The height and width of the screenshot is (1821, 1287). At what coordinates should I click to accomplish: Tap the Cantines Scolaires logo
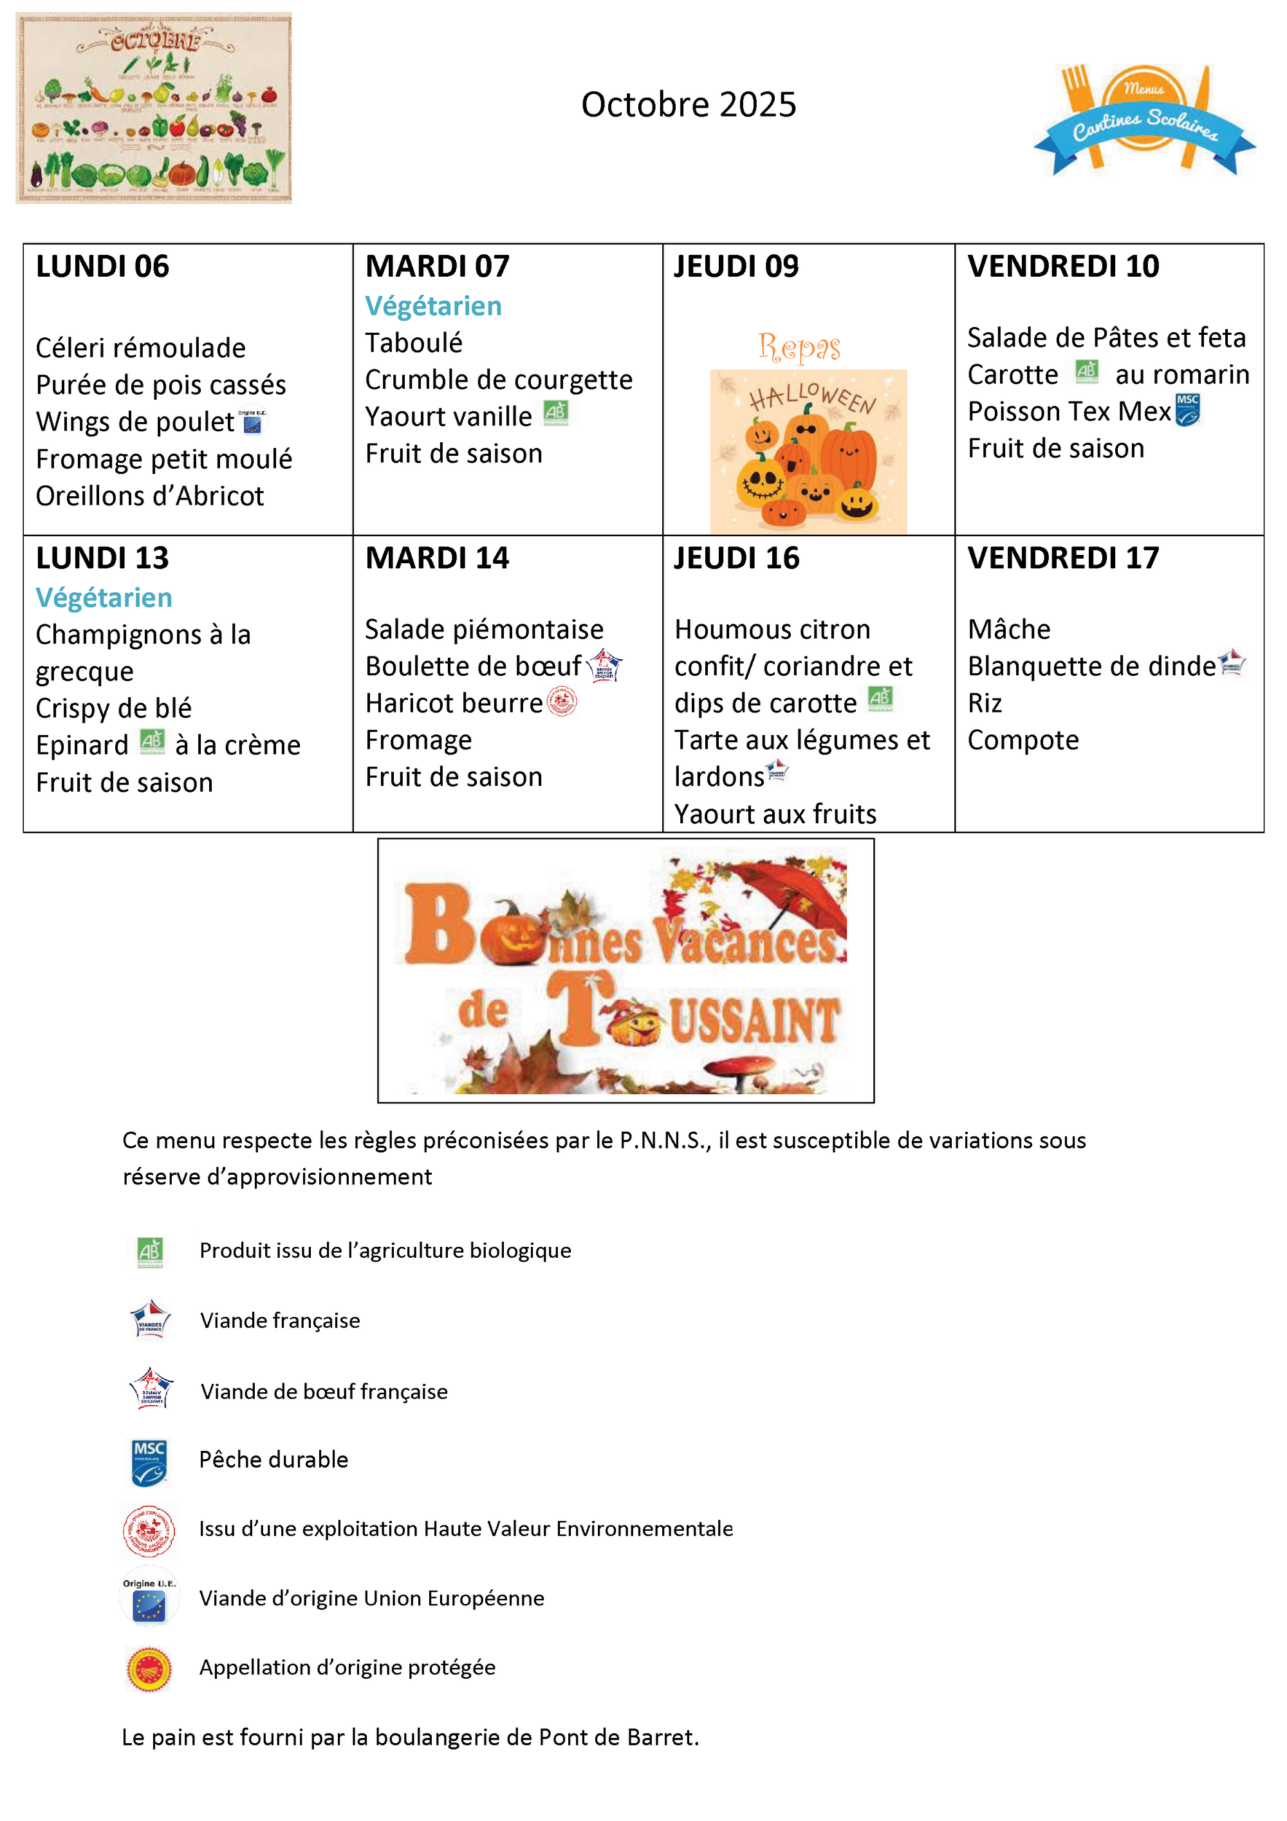[x=1143, y=119]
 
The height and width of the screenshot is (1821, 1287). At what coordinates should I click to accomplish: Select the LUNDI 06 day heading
[x=102, y=266]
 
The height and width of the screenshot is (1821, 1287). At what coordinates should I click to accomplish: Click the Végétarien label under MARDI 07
[x=433, y=306]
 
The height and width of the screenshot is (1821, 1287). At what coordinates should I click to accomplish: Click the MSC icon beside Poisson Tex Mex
[x=1187, y=410]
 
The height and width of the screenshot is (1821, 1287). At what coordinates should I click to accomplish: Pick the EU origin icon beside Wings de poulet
[x=252, y=422]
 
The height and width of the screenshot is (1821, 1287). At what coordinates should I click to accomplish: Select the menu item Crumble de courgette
[x=499, y=380]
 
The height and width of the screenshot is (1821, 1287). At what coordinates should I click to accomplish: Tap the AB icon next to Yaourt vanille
[x=555, y=413]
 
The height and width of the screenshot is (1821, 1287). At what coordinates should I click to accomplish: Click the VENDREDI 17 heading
[x=1062, y=558]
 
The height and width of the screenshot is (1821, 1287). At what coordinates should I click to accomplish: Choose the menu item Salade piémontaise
[x=484, y=630]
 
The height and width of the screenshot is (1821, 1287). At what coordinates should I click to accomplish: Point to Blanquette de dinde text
[x=1091, y=666]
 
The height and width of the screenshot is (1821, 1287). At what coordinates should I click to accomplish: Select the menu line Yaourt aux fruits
[x=775, y=814]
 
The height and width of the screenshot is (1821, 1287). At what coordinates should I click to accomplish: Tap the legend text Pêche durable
[x=273, y=1459]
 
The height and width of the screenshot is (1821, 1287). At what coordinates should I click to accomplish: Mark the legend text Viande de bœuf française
[x=324, y=1391]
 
